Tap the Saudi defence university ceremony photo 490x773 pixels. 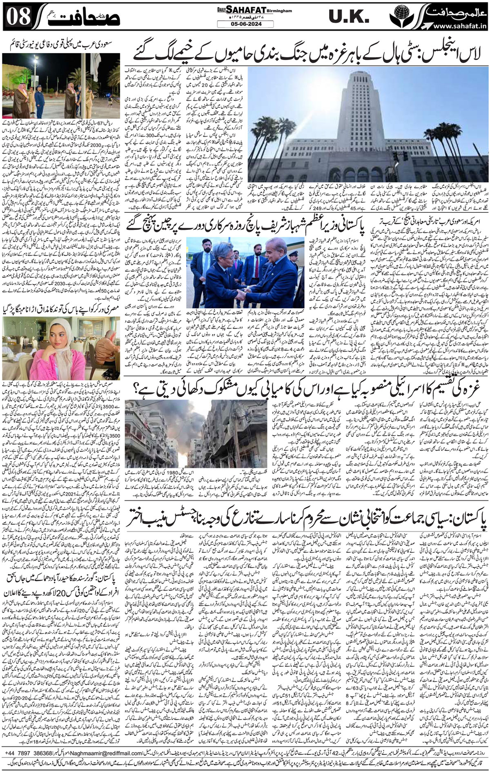coord(61,86)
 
